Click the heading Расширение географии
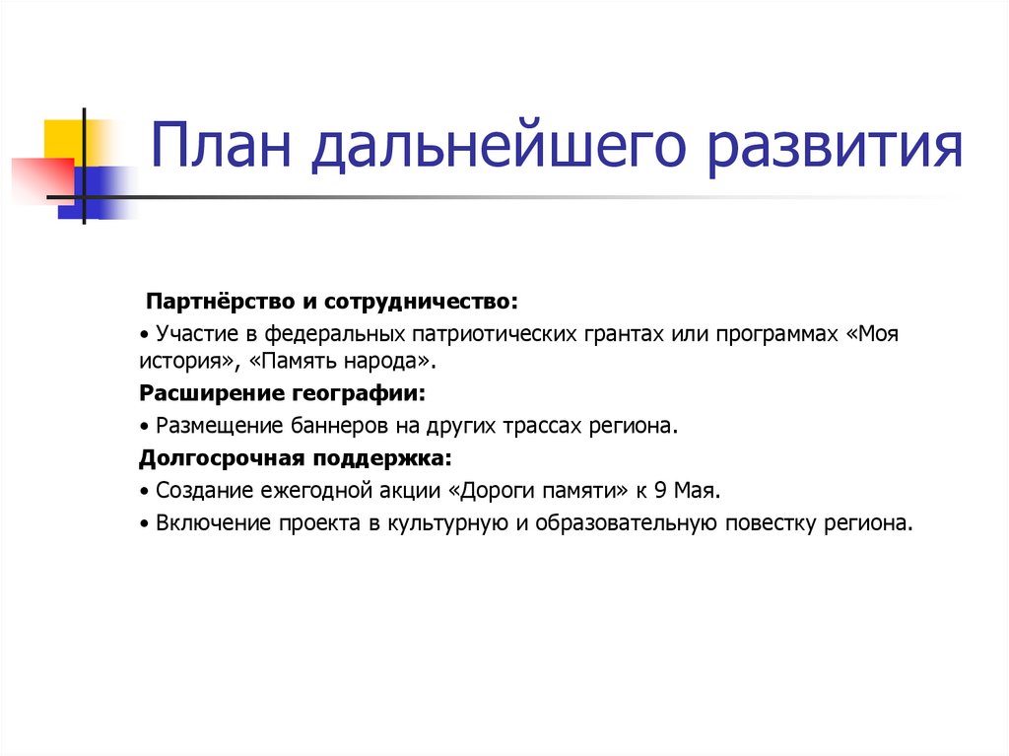tap(283, 393)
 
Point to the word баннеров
tap(341, 426)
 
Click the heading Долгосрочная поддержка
tap(296, 458)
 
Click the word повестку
tap(769, 522)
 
